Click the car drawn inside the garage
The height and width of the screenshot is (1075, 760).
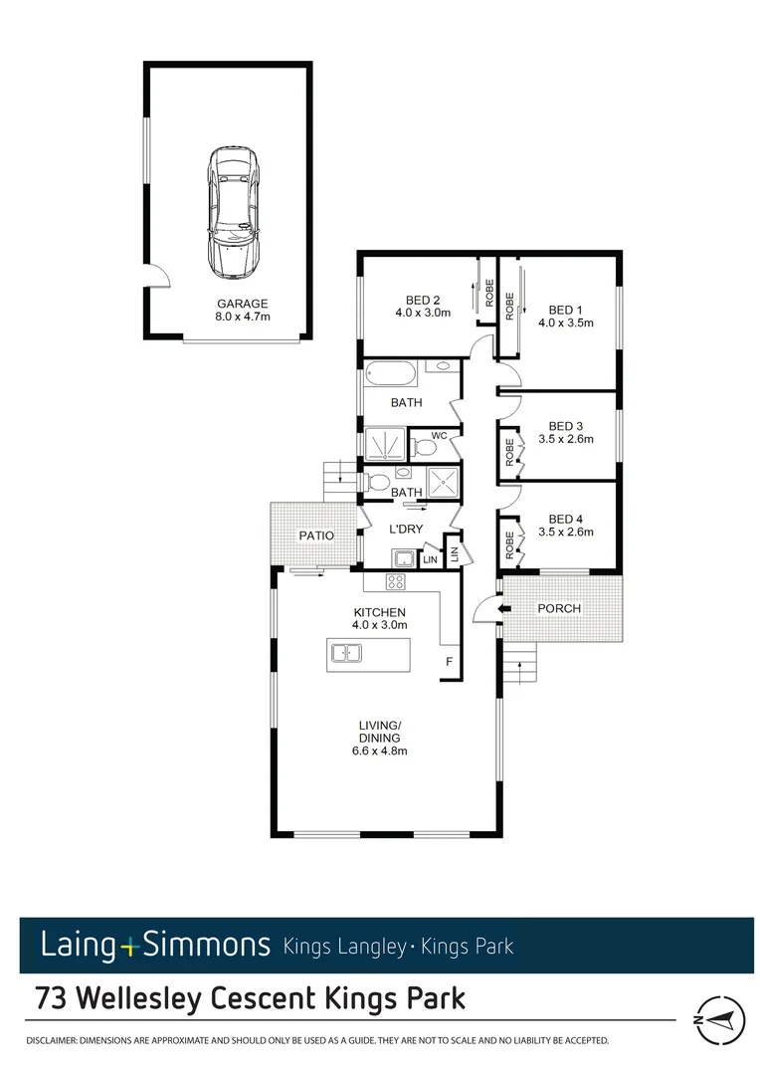(232, 213)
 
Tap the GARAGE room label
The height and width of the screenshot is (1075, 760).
(243, 304)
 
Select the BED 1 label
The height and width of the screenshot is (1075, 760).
(565, 309)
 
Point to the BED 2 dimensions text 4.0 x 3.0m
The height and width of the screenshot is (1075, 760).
(422, 313)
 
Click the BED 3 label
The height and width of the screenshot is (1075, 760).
(565, 425)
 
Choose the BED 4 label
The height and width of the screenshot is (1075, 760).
(565, 519)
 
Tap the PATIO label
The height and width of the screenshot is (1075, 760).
(316, 536)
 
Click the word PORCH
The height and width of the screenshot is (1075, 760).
(558, 608)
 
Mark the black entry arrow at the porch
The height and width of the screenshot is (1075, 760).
(503, 608)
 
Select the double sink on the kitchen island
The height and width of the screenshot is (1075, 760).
(345, 654)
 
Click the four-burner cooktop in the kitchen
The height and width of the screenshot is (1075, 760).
(397, 582)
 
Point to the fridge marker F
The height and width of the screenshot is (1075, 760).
(450, 662)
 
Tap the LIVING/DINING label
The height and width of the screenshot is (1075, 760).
(380, 732)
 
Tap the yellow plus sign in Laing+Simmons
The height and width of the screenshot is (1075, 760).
(127, 945)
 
